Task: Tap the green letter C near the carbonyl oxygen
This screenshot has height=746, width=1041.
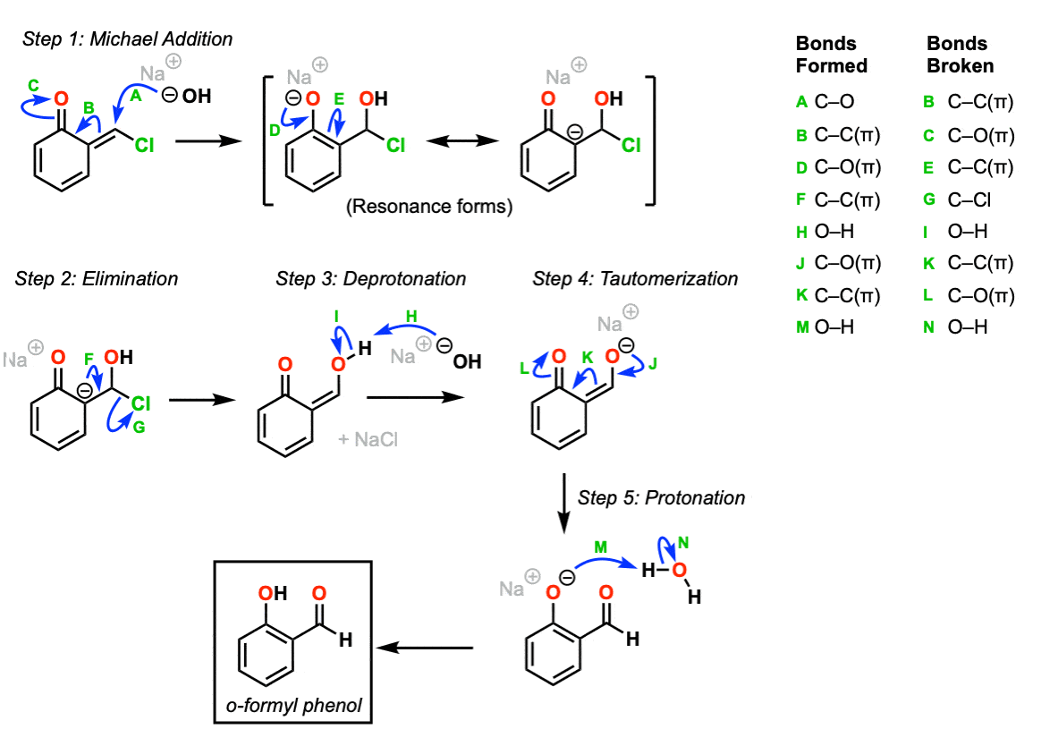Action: [32, 85]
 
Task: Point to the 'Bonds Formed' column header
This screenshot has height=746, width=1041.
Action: [831, 55]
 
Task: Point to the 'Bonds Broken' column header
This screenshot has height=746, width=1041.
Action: [960, 55]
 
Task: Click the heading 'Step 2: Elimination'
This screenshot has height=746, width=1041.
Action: [97, 279]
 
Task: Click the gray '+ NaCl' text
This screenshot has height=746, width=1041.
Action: [368, 439]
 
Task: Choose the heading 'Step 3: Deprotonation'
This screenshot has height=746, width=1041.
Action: [371, 279]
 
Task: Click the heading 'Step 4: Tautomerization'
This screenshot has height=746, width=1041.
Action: [635, 279]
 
